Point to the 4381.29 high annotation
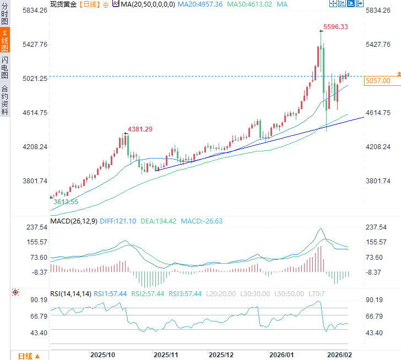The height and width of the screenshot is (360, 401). [140, 129]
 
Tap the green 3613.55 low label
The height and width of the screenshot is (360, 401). [66, 202]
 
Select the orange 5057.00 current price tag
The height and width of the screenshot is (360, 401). [377, 81]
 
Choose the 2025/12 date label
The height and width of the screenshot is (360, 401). [222, 354]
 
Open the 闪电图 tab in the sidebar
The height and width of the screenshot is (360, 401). [5, 67]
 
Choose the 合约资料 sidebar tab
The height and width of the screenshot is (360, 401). [5, 100]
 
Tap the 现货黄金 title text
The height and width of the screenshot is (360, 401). [63, 4]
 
